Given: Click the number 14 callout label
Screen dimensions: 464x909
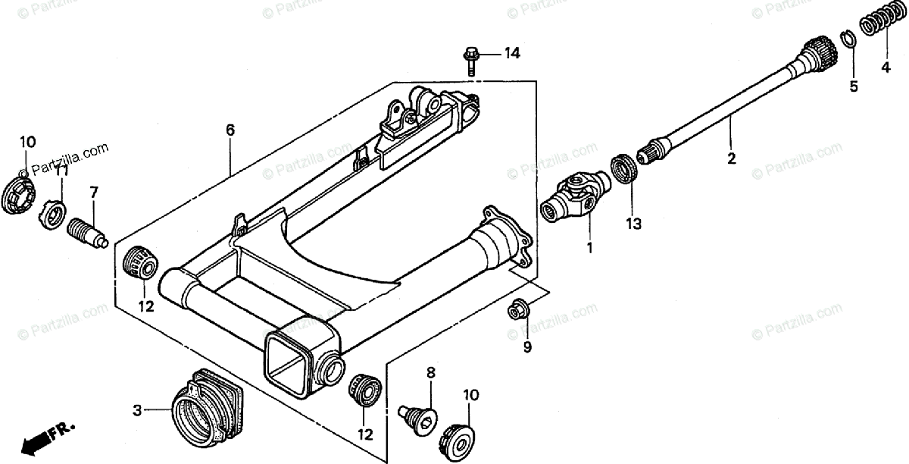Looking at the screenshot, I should click(x=512, y=53).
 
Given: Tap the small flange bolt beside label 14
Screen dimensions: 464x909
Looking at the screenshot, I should click(x=470, y=59).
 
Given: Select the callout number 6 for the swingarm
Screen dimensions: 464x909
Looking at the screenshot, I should click(x=230, y=130).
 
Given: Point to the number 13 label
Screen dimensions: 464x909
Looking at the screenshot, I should click(x=633, y=224).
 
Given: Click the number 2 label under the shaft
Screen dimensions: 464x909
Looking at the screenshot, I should click(x=731, y=158).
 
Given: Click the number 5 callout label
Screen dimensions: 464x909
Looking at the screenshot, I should click(x=854, y=86).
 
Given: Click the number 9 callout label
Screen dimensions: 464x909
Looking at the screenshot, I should click(x=527, y=347).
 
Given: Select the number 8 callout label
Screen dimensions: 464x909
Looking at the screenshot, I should click(x=430, y=372).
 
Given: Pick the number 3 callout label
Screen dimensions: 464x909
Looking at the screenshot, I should click(x=137, y=411).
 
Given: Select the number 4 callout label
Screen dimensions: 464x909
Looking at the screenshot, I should click(x=885, y=67).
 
